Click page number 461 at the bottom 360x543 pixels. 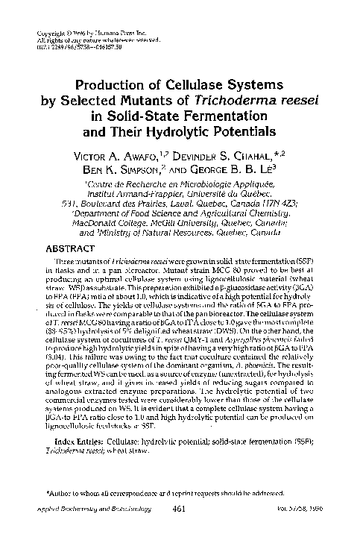click(177, 530)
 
